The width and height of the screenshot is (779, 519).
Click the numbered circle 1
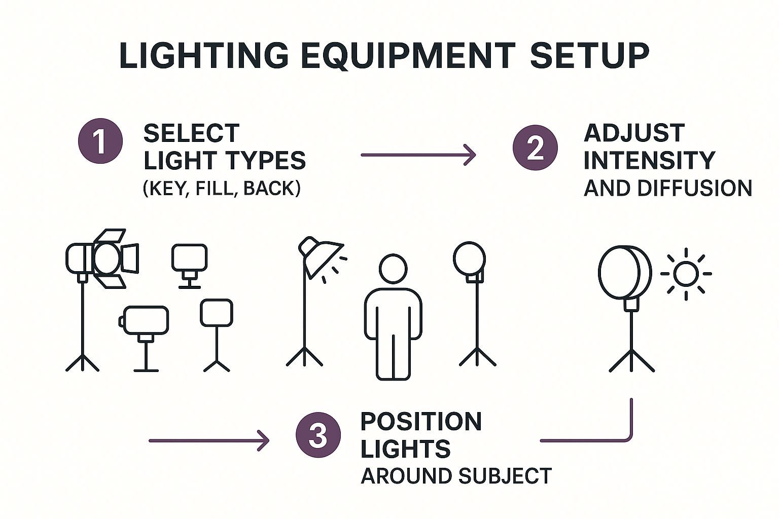(x=100, y=141)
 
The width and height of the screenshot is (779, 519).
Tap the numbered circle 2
(x=535, y=147)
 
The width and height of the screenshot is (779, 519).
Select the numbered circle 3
(x=318, y=435)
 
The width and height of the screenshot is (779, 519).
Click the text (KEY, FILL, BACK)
(x=222, y=188)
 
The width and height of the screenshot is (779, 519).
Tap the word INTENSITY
(x=649, y=160)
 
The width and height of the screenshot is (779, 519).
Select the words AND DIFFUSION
(x=667, y=188)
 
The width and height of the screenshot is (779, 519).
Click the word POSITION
(x=421, y=422)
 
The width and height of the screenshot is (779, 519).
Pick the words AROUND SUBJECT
(x=456, y=476)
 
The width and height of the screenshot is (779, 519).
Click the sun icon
(x=686, y=274)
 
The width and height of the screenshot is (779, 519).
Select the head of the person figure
(x=393, y=269)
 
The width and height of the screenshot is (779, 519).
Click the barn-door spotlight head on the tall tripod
(x=107, y=258)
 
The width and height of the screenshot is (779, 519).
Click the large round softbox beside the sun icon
(x=624, y=272)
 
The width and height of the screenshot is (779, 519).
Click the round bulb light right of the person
(x=469, y=258)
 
